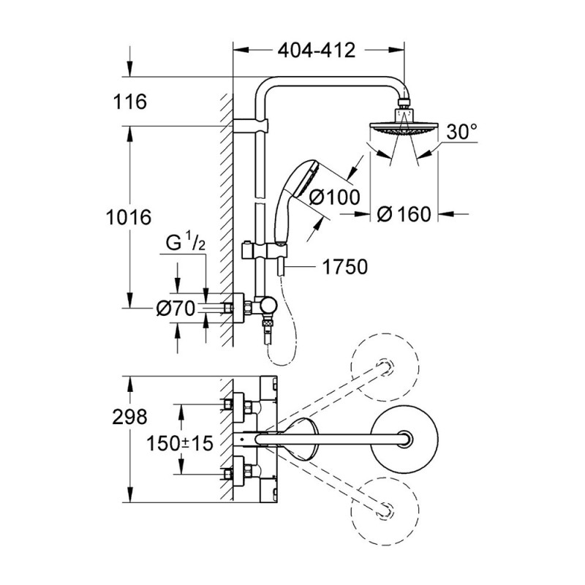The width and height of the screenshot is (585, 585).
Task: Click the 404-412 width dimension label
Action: pyautogui.click(x=317, y=50)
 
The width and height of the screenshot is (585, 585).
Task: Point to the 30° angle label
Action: pyautogui.click(x=461, y=132)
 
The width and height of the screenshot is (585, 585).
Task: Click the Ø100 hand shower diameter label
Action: pyautogui.click(x=336, y=196)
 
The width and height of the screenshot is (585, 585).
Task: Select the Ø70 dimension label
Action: pyautogui.click(x=175, y=309)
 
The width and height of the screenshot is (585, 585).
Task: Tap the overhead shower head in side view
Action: pyautogui.click(x=401, y=129)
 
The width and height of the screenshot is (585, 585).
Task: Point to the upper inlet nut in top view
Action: pyautogui.click(x=238, y=403)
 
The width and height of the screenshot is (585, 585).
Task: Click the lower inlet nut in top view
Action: pyautogui.click(x=238, y=472)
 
